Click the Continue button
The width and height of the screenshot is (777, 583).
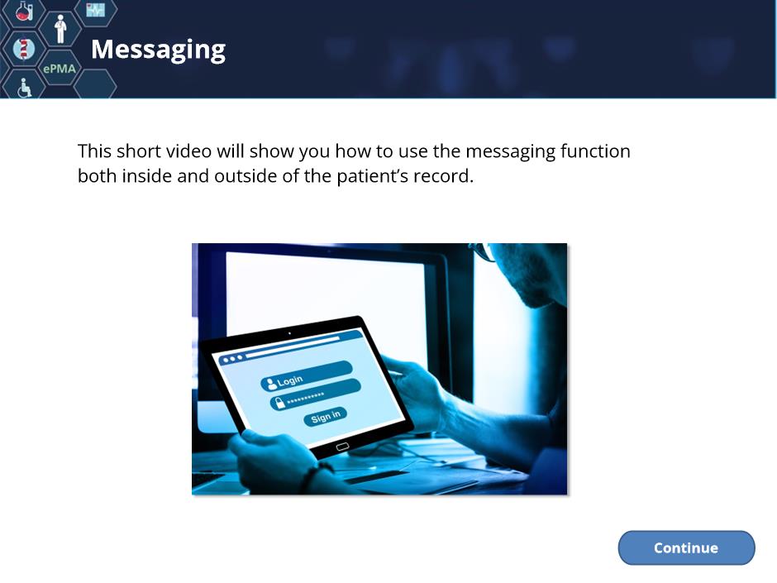coord(686,547)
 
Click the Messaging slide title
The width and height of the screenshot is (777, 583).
coord(158,50)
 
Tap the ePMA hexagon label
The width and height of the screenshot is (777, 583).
coord(60,69)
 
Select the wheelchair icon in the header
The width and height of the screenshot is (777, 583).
coord(24,88)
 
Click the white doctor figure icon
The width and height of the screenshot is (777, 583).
coord(60,29)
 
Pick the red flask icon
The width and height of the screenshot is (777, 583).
coord(23,11)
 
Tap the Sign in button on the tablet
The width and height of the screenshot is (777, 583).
coord(326,417)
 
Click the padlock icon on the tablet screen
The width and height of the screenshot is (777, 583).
coord(280,402)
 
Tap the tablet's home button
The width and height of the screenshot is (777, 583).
coord(342,447)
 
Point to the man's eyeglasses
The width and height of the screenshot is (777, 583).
coord(484,251)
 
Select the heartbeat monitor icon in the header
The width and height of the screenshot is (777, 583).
coord(96,9)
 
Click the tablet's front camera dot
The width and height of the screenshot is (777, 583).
coord(289,333)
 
